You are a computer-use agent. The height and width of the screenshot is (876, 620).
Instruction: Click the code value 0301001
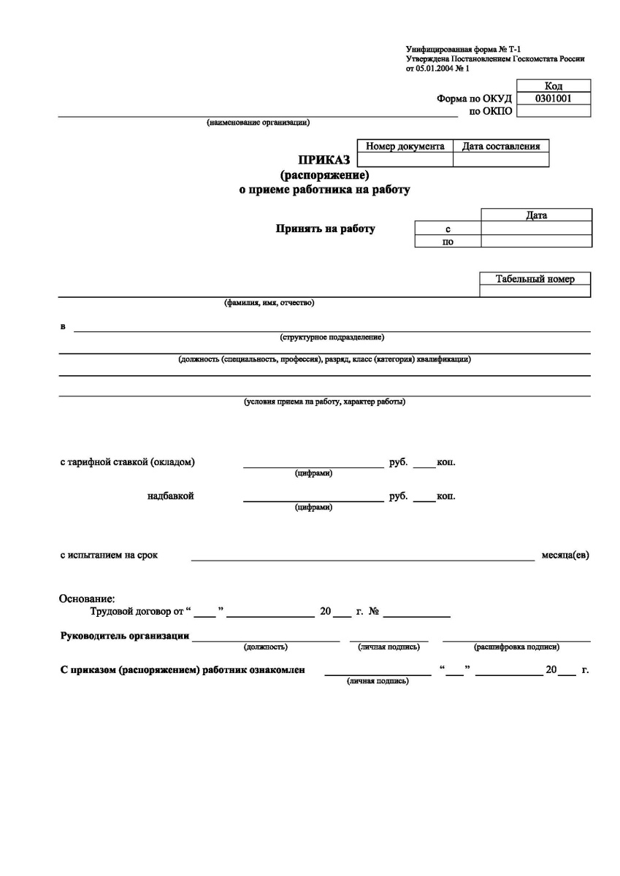tap(553, 99)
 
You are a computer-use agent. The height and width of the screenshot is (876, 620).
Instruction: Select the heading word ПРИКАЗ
tap(324, 161)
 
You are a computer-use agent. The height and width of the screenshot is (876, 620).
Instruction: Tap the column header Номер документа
tap(405, 146)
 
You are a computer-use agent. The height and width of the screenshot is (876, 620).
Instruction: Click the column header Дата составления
tap(501, 146)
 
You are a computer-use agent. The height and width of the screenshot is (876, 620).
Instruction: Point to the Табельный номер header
tap(535, 279)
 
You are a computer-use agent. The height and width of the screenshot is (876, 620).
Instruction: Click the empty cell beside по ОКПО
tap(553, 111)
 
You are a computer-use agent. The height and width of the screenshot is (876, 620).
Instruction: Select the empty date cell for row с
tap(536, 228)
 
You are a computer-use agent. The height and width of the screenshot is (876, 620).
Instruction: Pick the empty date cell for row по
tap(536, 242)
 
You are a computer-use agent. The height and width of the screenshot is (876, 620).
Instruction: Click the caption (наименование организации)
tap(258, 123)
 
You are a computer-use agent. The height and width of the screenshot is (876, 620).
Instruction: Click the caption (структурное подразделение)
tap(332, 337)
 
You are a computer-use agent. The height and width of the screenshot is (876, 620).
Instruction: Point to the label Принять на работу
tap(325, 228)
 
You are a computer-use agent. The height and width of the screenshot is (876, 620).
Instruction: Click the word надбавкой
tap(170, 496)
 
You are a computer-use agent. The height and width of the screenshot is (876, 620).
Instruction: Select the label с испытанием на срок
tap(109, 555)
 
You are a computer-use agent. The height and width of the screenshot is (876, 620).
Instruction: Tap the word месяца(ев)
tap(565, 555)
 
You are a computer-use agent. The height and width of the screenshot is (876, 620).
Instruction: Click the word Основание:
tap(87, 599)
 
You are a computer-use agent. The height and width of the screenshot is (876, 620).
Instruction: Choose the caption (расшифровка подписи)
tap(517, 647)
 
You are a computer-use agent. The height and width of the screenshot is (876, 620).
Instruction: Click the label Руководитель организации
tap(124, 635)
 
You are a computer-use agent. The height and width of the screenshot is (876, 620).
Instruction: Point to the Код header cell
tap(553, 86)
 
